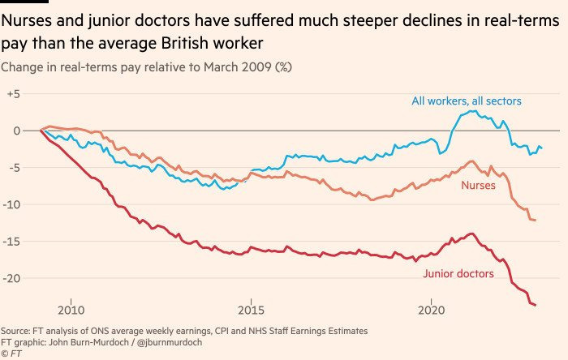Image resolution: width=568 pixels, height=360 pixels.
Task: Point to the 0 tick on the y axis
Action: [x=15, y=131]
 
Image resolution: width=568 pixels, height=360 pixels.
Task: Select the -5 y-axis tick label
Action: [x=13, y=168]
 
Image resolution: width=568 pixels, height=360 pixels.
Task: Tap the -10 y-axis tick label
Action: [x=11, y=204]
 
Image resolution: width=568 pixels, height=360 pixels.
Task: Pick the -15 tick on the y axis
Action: [x=11, y=242]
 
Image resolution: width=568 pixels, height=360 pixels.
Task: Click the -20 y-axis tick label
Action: [x=11, y=278]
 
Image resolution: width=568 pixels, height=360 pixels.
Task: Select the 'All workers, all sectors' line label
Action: [x=467, y=101]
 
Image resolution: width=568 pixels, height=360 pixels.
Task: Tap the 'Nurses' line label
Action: [x=479, y=186]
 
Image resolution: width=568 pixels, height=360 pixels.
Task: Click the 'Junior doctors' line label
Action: [x=458, y=274]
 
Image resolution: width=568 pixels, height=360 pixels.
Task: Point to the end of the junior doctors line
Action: [x=536, y=305]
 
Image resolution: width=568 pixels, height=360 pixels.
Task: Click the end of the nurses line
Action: [x=535, y=221]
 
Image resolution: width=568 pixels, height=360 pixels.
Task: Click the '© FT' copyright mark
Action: [x=11, y=354]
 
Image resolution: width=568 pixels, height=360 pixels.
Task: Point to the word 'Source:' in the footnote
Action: [x=18, y=331]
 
